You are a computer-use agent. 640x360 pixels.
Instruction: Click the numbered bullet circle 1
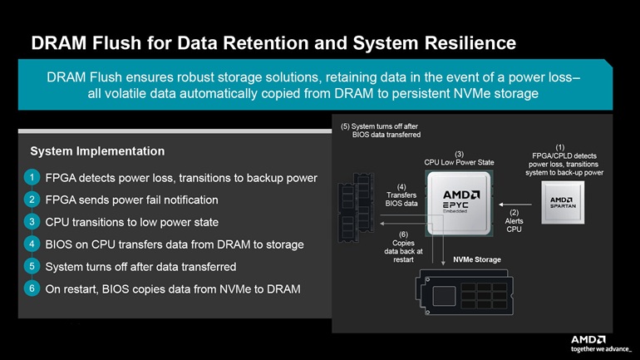(x=32, y=178)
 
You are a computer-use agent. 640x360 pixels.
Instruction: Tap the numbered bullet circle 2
(x=32, y=200)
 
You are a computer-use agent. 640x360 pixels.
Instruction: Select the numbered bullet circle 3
(x=32, y=222)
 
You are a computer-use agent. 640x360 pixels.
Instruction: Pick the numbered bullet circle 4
(x=32, y=244)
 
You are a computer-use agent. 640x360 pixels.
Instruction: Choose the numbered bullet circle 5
(x=32, y=266)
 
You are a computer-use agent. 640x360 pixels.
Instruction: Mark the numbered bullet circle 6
(x=32, y=288)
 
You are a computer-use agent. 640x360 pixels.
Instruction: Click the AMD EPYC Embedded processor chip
(x=459, y=203)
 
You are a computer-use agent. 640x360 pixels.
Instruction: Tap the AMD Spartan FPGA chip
(x=563, y=203)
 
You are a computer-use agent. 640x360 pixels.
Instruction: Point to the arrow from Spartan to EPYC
(x=515, y=205)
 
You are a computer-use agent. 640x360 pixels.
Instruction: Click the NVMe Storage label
(x=477, y=259)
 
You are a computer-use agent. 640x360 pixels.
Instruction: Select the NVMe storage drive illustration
(x=465, y=292)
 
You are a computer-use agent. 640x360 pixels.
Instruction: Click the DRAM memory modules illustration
(x=356, y=207)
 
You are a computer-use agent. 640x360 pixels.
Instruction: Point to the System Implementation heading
(x=97, y=151)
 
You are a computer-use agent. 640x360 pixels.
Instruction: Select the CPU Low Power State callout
(x=459, y=158)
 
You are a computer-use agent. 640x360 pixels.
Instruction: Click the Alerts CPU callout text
(x=514, y=221)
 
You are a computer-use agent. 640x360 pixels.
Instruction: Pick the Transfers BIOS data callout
(x=401, y=195)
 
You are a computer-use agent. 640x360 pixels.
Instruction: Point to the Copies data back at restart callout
(x=403, y=247)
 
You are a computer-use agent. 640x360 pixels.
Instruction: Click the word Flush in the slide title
(x=116, y=43)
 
